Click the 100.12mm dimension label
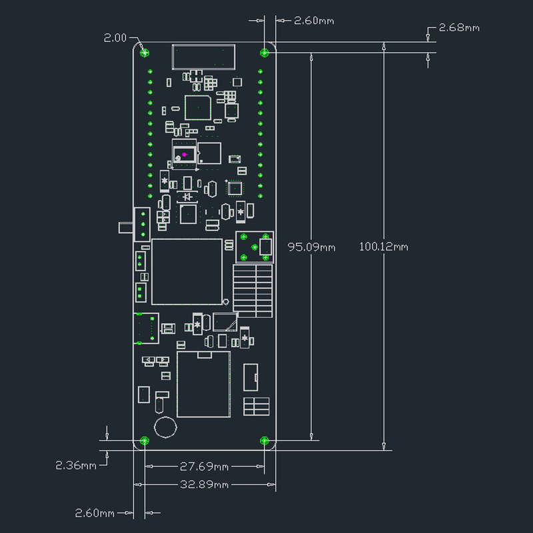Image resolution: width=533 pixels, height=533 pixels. pyautogui.click(x=384, y=247)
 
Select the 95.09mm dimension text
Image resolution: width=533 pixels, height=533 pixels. pyautogui.click(x=311, y=247)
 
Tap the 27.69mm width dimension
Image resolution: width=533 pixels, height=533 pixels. pyautogui.click(x=204, y=466)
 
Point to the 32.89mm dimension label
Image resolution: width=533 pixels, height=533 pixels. pyautogui.click(x=204, y=484)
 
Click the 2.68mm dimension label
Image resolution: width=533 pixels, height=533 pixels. pyautogui.click(x=459, y=27)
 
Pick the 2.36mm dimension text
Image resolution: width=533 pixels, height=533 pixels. pyautogui.click(x=76, y=465)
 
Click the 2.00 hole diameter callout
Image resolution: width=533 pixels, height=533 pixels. pyautogui.click(x=115, y=38)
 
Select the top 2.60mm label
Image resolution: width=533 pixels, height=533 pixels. pyautogui.click(x=314, y=21)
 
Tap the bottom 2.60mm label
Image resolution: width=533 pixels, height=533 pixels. pyautogui.click(x=95, y=513)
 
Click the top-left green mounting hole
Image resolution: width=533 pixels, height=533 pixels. pyautogui.click(x=145, y=53)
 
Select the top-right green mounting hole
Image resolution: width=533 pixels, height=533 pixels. pyautogui.click(x=264, y=53)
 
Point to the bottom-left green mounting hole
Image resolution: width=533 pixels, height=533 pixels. pyautogui.click(x=145, y=440)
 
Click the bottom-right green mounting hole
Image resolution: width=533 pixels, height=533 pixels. pyautogui.click(x=264, y=440)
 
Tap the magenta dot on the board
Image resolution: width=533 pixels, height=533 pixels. pyautogui.click(x=185, y=155)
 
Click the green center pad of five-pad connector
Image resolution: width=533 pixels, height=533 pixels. pyautogui.click(x=255, y=247)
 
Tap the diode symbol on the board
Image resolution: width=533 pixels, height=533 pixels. pyautogui.click(x=187, y=197)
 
